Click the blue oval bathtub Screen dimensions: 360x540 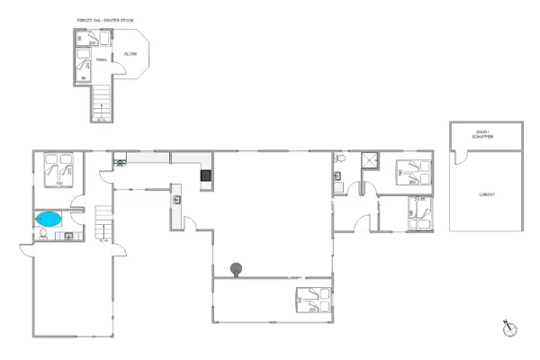point(49,219)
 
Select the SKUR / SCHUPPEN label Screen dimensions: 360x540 point(487,134)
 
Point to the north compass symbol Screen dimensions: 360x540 point(510,328)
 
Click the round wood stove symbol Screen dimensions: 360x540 point(237,267)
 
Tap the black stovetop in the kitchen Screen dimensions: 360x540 point(206,175)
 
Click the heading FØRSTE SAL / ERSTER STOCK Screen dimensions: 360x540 point(103,20)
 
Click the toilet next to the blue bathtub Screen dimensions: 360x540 point(43,236)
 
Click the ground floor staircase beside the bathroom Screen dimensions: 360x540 point(104,223)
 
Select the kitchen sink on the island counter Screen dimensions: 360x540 point(177,200)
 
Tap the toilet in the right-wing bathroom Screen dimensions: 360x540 point(339,159)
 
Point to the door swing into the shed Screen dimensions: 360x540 point(460,157)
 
